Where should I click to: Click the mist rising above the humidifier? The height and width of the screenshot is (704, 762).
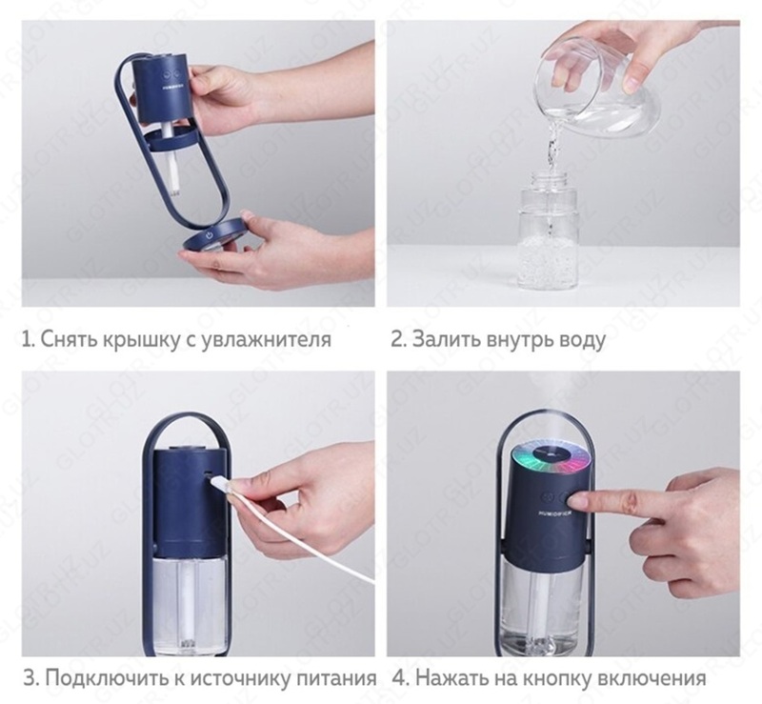tap(552, 400)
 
